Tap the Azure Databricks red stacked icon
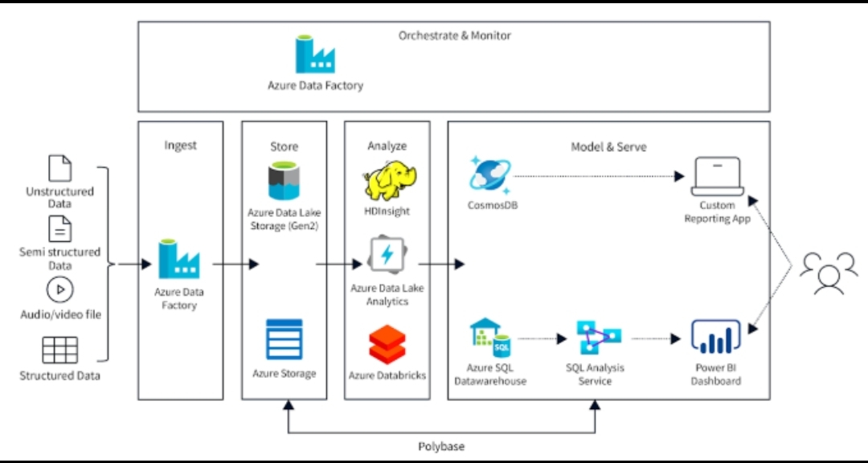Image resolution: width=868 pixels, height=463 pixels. coord(387,345)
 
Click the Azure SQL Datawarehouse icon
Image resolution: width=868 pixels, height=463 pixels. coord(490,338)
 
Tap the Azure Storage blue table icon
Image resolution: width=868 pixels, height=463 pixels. coord(284,339)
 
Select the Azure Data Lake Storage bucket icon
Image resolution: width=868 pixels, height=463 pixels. coord(284,181)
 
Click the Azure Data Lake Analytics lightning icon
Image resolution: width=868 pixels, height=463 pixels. coord(387,256)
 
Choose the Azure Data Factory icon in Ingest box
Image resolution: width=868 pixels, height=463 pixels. coord(178,260)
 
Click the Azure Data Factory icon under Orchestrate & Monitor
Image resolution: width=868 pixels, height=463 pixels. coord(315,55)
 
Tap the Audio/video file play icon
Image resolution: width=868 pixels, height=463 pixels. coord(60,289)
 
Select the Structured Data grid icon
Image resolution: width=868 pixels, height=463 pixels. coord(60,350)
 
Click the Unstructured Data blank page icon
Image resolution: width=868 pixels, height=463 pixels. coord(60,168)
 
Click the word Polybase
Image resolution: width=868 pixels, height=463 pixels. coord(441,446)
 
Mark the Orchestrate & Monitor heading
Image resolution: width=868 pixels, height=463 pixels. coord(455,35)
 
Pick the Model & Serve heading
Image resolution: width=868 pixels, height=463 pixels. coord(608,146)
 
